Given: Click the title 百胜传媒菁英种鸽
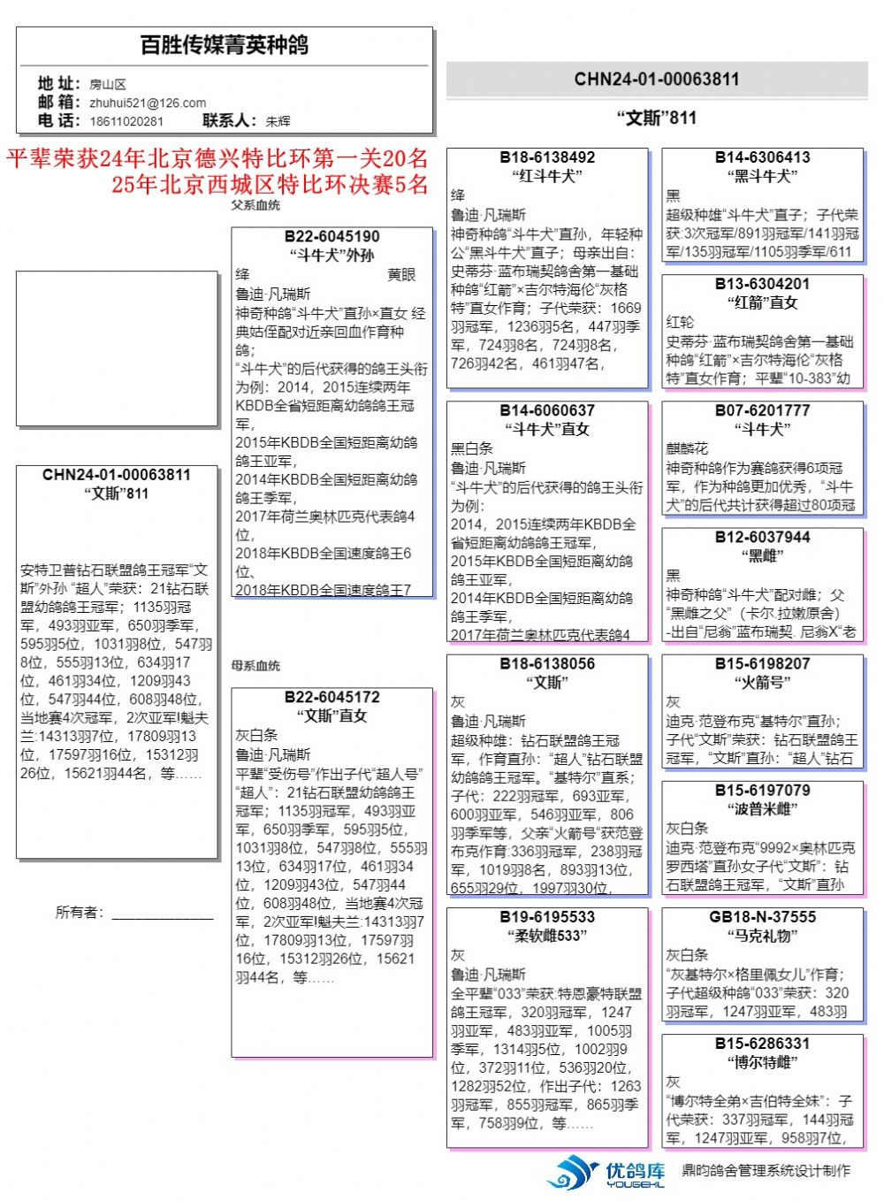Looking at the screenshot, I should tap(225, 45).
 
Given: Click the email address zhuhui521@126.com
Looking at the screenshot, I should tap(148, 103).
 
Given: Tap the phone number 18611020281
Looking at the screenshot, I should tap(126, 121).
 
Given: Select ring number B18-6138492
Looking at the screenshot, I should tap(547, 157).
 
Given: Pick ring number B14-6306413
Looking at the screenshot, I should tap(762, 157).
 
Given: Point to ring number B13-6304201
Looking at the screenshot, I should tap(762, 284).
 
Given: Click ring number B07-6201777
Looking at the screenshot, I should tap(762, 410).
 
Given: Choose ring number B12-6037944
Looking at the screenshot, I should tap(762, 537).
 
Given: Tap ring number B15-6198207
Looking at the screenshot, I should tap(762, 663).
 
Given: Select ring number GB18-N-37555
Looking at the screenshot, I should tap(762, 916).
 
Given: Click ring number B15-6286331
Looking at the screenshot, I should tap(762, 1043).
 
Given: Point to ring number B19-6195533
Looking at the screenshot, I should tap(547, 916).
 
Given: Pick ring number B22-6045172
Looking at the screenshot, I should tap(332, 697).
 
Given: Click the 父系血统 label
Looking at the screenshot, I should tap(255, 205).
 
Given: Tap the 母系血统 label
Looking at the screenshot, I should tap(255, 665).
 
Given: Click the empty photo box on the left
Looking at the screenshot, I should tap(117, 349).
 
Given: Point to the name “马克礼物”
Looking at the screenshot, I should tap(762, 935).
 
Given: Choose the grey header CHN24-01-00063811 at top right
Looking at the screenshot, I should tap(656, 80).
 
